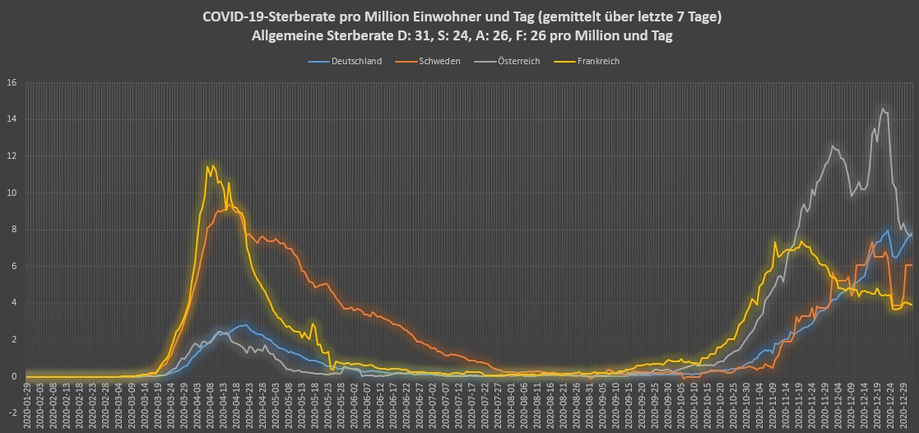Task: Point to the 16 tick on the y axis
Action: pos(12,82)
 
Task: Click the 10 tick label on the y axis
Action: pos(12,193)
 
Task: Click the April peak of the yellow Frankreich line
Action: pos(211,166)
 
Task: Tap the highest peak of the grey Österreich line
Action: pos(882,109)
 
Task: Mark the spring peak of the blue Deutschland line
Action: pos(244,324)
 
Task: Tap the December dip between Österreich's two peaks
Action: pos(852,195)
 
